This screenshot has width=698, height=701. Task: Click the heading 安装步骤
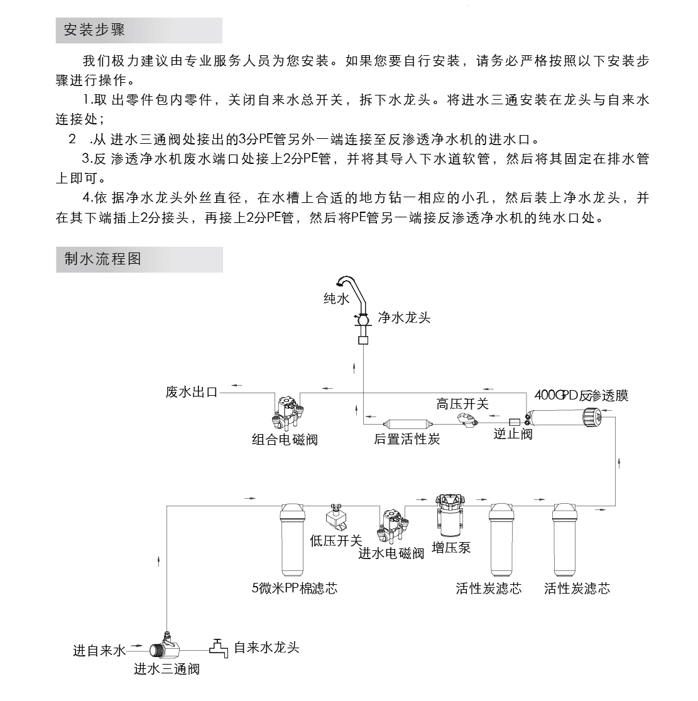point(95,30)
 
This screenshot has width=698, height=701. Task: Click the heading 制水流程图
point(103,259)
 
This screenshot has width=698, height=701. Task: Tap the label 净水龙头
point(404,318)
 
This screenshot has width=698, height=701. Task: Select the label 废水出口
point(192,393)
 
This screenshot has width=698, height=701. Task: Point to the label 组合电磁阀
point(285,439)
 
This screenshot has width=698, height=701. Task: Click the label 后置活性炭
point(406,439)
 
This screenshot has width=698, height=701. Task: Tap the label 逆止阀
point(513,434)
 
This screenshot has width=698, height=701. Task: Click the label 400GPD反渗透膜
point(581,395)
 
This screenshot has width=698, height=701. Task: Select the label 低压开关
point(336,540)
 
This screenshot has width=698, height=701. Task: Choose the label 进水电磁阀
point(391,553)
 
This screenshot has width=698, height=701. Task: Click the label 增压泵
point(451,548)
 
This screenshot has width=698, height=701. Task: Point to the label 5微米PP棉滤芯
point(295,589)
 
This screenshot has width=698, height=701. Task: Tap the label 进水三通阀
point(166,669)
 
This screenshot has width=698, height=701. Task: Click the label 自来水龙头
point(266,648)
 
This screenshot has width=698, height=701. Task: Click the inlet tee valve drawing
point(164,648)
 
